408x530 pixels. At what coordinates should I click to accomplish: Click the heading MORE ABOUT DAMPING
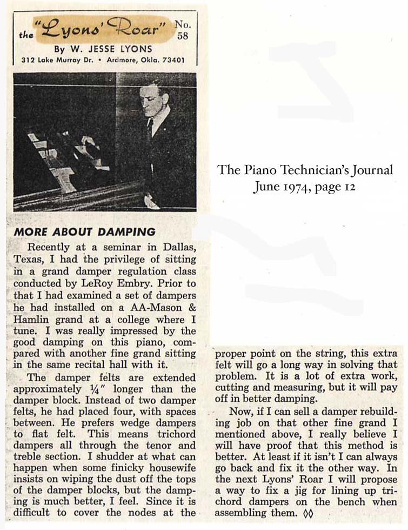point(84,232)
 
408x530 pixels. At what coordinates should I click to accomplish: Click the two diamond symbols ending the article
point(308,513)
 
